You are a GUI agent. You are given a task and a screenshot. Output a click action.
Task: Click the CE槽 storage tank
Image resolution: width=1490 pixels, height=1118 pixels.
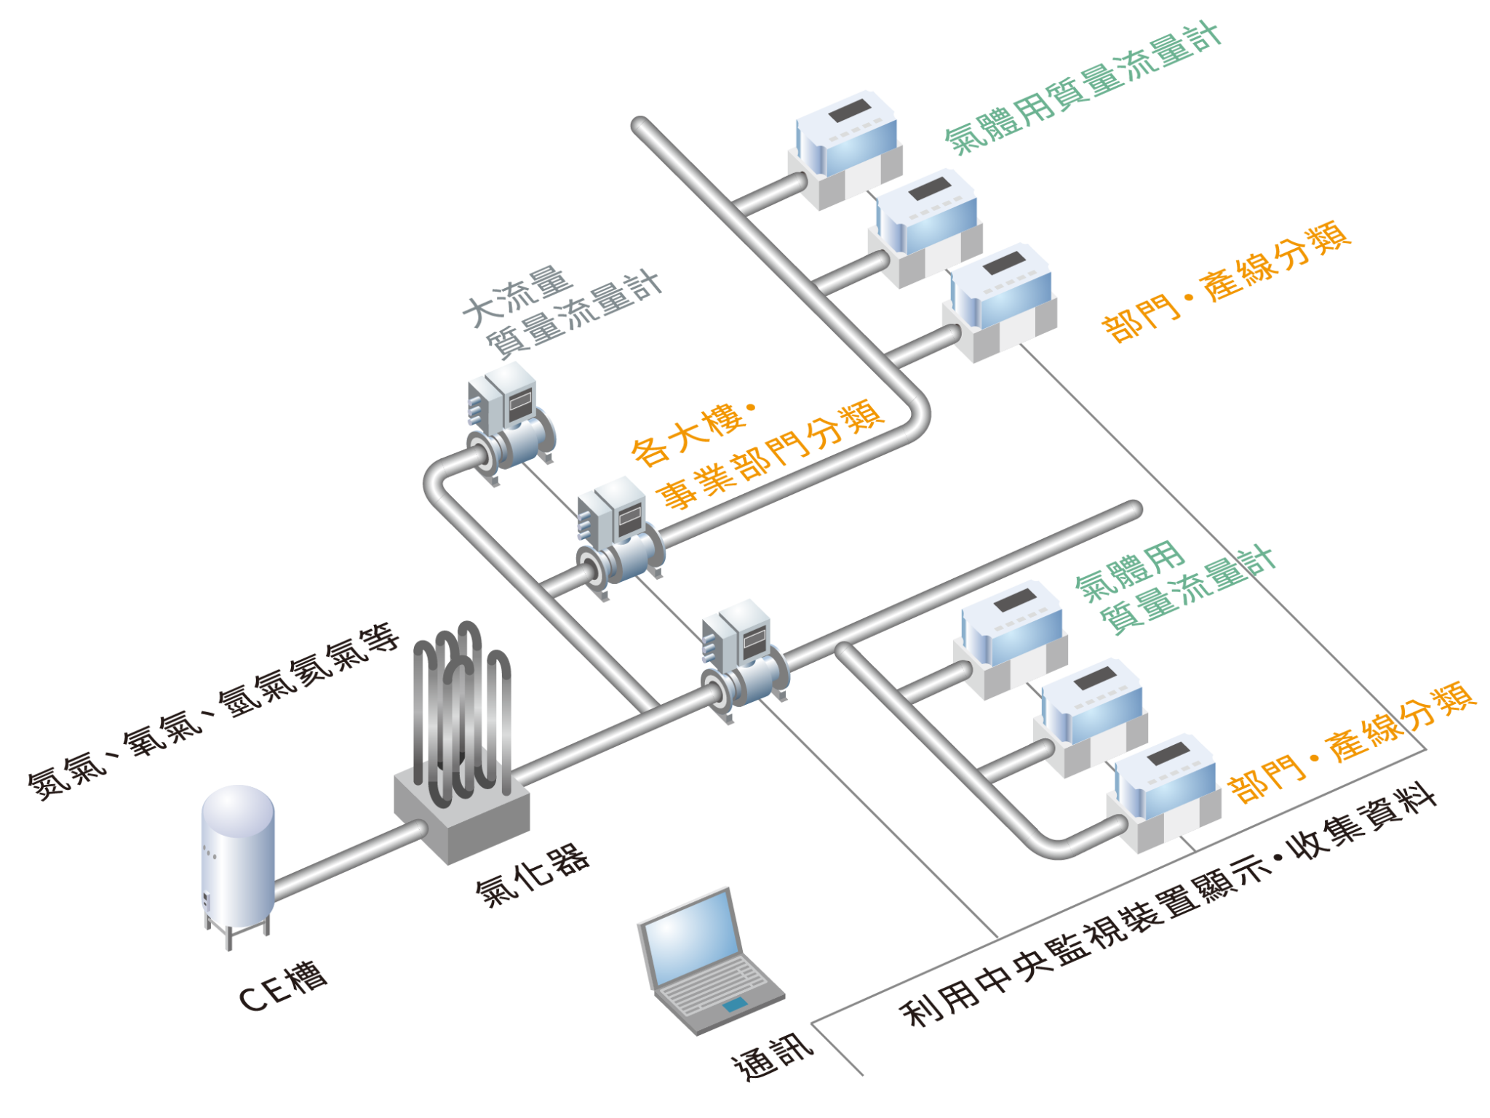click(238, 858)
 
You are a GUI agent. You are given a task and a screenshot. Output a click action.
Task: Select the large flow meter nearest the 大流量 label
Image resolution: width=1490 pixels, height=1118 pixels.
click(509, 422)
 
